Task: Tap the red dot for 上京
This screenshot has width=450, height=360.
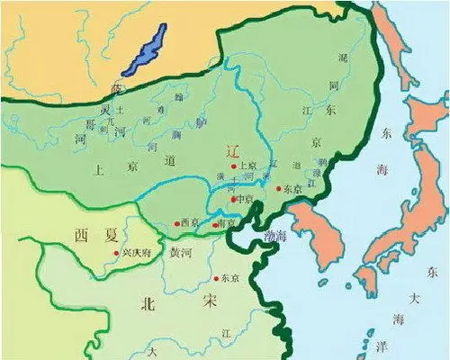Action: click(x=234, y=166)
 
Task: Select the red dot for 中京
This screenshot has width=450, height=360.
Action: click(x=233, y=199)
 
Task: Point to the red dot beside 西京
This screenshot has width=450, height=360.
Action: click(x=176, y=223)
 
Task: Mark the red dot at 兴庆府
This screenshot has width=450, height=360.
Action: click(x=116, y=254)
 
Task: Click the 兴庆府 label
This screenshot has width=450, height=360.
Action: click(x=136, y=253)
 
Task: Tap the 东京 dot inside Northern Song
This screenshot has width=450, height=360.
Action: click(x=215, y=279)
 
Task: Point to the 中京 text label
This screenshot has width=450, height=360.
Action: click(x=246, y=200)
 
